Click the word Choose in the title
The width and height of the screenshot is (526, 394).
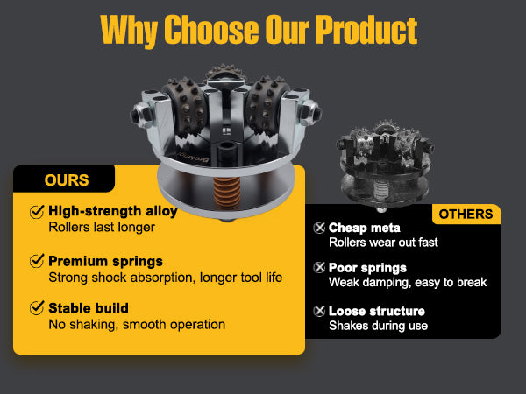point(211,30)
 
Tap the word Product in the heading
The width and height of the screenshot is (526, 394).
point(366,30)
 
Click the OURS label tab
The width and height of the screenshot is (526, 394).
point(64,179)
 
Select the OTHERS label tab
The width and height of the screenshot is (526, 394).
point(466,215)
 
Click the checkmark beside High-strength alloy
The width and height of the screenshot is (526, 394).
point(37,212)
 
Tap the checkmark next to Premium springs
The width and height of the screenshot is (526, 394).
point(37,261)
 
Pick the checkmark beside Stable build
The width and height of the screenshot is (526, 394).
point(37,308)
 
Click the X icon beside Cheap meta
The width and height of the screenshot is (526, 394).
point(319,228)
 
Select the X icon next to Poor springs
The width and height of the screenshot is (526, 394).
point(319,267)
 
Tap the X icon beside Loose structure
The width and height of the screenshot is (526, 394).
point(319,311)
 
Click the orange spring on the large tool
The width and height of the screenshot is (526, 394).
point(227,193)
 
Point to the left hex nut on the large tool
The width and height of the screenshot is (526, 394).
point(142,115)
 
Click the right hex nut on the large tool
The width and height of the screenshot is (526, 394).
point(309,113)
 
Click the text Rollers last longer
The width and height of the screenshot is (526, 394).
point(102,227)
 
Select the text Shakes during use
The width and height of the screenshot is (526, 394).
point(378,326)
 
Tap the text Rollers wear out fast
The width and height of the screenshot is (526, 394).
point(383,243)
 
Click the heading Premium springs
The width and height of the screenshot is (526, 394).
point(105,261)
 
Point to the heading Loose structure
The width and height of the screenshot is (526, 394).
point(377,311)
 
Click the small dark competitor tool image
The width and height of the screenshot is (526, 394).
point(386,165)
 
